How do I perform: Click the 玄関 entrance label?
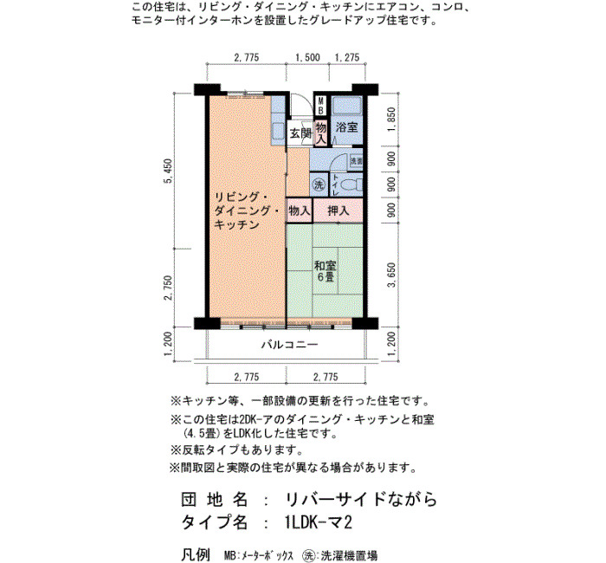300,133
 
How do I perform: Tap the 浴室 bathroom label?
346,126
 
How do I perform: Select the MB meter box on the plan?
320,105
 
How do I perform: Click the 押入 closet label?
338,210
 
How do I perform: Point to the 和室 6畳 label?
325,271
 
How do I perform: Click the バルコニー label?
289,344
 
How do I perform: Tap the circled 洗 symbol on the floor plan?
319,184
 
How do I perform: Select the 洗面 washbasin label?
356,161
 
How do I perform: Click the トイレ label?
336,184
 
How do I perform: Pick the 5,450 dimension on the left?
169,171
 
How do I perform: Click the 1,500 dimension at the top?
307,57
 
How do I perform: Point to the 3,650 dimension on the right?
391,275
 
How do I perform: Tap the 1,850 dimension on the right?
391,120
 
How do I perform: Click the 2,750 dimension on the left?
169,288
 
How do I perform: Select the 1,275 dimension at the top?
346,57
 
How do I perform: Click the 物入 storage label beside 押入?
300,210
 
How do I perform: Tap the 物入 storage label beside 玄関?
321,133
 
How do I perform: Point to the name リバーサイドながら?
361,499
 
